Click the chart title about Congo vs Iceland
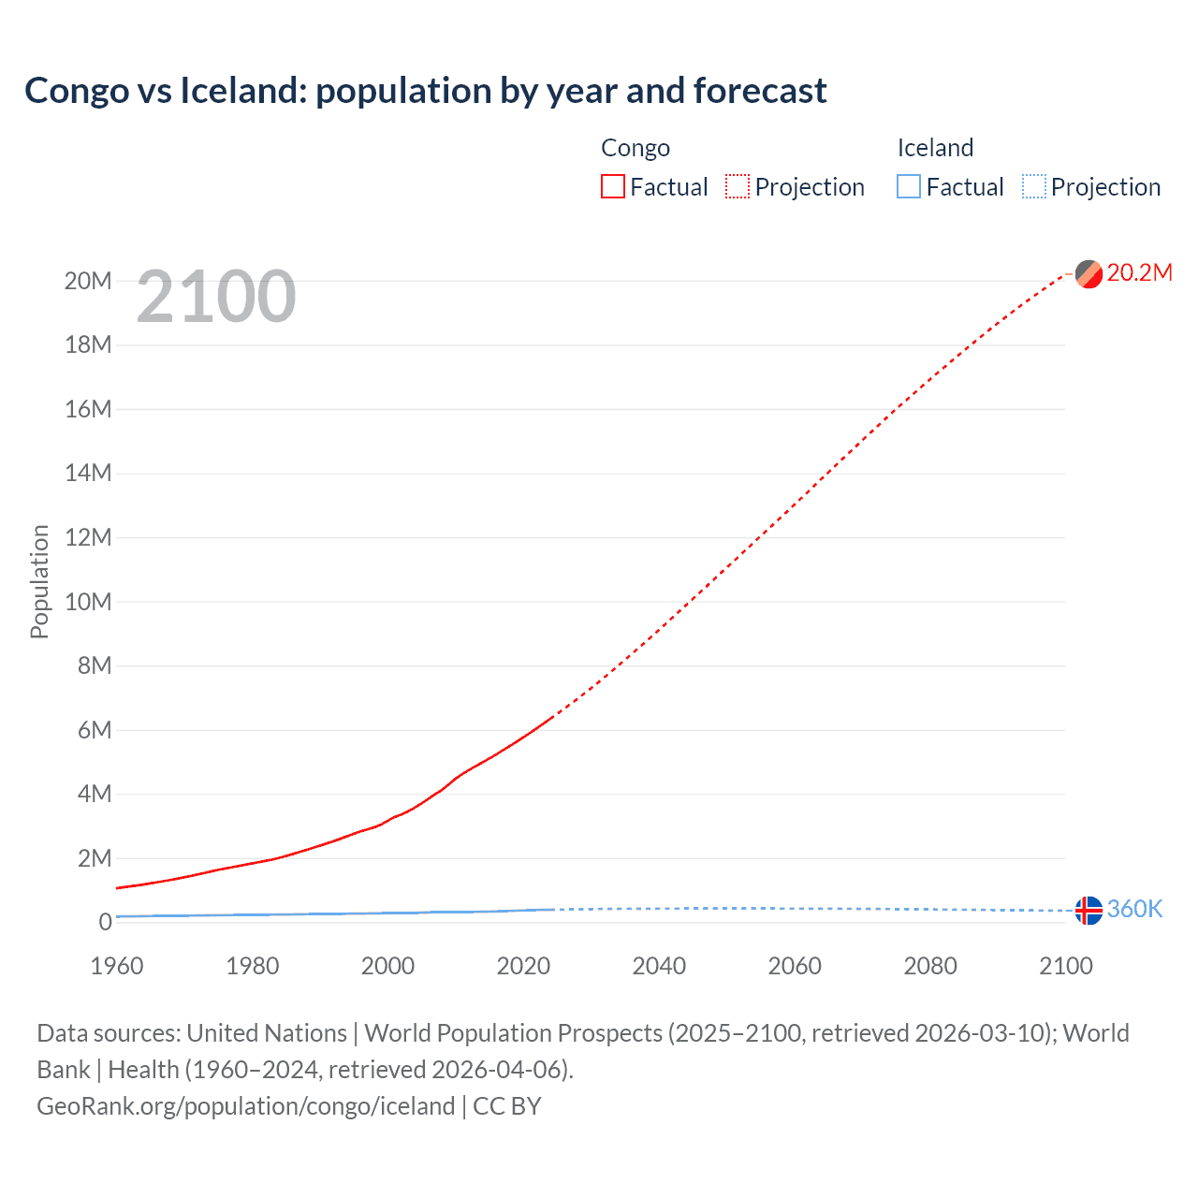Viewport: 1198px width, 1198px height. [425, 91]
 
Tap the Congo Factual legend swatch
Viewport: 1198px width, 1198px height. [612, 187]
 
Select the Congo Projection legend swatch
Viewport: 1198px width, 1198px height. [738, 187]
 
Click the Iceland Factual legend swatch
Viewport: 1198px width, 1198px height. [909, 187]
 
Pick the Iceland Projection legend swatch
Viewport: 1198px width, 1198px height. [1034, 187]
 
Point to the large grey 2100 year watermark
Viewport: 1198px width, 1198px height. [216, 298]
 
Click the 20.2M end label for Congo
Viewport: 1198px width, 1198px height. [1139, 272]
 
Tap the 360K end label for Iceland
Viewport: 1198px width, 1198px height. [1134, 909]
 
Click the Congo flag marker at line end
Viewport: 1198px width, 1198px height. [1088, 274]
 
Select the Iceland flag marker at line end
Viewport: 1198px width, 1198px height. [1088, 910]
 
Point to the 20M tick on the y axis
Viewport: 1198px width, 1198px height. [88, 281]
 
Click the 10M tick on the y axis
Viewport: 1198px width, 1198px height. [88, 602]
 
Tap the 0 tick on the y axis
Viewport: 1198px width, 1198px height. [105, 922]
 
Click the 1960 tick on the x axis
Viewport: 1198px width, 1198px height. [117, 966]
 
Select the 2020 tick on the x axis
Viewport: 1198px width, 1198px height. [523, 966]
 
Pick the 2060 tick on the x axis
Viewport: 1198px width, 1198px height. [795, 966]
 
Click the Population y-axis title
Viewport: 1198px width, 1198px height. [39, 581]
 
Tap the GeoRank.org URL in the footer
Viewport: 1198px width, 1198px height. [245, 1106]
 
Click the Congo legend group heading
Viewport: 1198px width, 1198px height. [636, 148]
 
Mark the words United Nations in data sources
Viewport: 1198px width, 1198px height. [267, 1033]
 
